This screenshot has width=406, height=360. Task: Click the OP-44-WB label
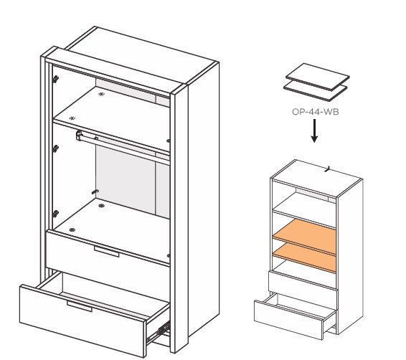point(315,112)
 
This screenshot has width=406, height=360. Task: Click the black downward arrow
point(314,131)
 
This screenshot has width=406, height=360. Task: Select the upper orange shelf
point(304,237)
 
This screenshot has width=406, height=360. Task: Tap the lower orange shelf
point(304,257)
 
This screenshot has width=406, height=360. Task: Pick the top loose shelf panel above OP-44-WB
point(318,77)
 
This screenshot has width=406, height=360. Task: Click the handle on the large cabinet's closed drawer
point(106,251)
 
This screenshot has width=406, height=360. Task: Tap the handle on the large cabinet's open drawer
point(79,306)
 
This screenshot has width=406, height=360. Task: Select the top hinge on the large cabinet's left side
point(55,79)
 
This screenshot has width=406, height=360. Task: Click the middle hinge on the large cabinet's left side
point(55,149)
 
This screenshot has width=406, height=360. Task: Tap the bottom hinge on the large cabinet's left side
point(55,214)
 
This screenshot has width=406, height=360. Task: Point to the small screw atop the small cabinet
point(328,169)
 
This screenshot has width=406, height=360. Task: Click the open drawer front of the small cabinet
point(288,320)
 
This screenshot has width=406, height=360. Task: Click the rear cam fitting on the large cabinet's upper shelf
point(102,94)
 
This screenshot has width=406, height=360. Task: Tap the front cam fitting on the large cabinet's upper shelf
point(72,118)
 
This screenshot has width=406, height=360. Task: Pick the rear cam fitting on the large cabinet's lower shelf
point(101,206)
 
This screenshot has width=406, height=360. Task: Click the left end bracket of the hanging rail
point(79,135)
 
